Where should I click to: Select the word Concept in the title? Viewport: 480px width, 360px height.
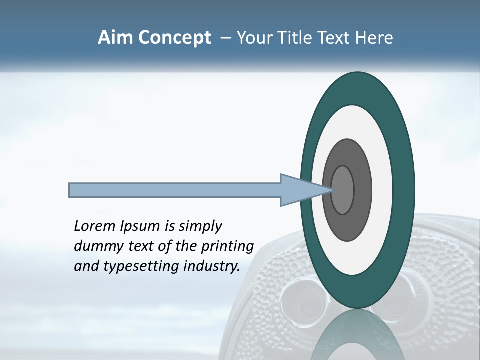pos(175,38)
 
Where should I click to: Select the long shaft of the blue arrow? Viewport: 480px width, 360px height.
pos(175,190)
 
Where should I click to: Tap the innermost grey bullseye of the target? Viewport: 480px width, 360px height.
pos(343,190)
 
